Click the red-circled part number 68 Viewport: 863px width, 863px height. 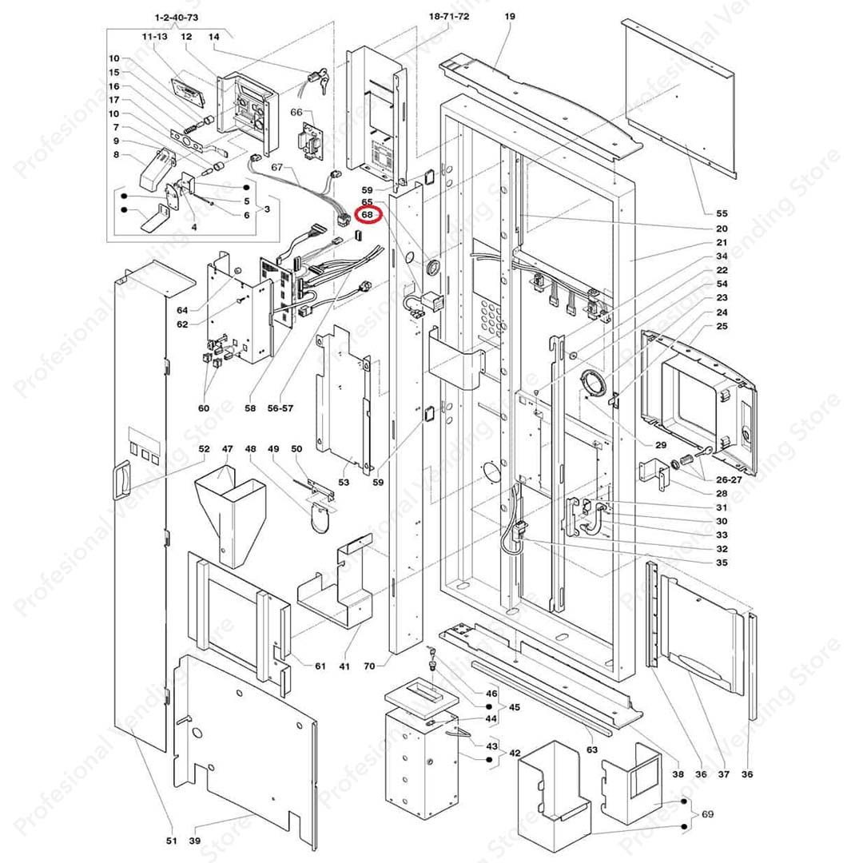[x=368, y=214]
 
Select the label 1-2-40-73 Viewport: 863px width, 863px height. [x=176, y=17]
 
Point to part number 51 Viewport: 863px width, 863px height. [x=170, y=840]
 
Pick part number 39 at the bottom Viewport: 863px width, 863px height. [x=195, y=840]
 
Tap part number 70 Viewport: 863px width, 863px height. [x=369, y=665]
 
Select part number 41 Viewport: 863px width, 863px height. [x=344, y=665]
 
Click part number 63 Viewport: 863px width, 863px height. [x=592, y=750]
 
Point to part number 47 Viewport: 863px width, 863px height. [x=227, y=448]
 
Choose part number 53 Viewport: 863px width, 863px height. [x=344, y=482]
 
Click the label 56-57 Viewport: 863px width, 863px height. [x=281, y=408]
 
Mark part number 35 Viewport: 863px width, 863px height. [x=722, y=563]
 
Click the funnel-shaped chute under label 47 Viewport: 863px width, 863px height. [x=227, y=511]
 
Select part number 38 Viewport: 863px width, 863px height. [x=678, y=774]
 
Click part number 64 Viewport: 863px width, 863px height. [x=182, y=310]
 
